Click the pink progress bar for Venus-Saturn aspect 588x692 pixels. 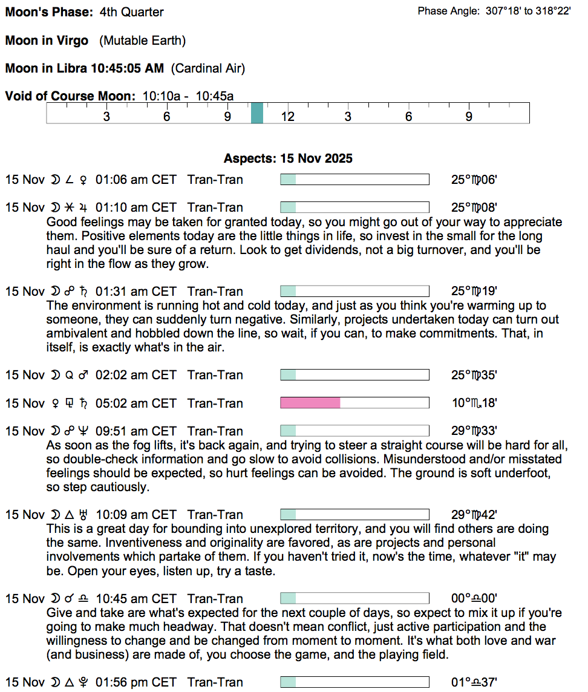(310, 403)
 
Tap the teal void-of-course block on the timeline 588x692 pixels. (257, 113)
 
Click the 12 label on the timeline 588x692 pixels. (287, 116)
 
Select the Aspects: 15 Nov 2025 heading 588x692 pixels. (288, 158)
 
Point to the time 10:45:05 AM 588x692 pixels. (127, 68)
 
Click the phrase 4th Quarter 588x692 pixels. (130, 12)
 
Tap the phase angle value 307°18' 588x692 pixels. (503, 11)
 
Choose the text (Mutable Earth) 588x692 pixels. (143, 41)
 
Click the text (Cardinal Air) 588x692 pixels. (208, 68)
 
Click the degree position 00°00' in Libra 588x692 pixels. (474, 599)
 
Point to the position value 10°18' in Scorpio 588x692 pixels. (474, 403)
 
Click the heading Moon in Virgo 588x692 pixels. (47, 41)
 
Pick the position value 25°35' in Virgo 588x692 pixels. (474, 375)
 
